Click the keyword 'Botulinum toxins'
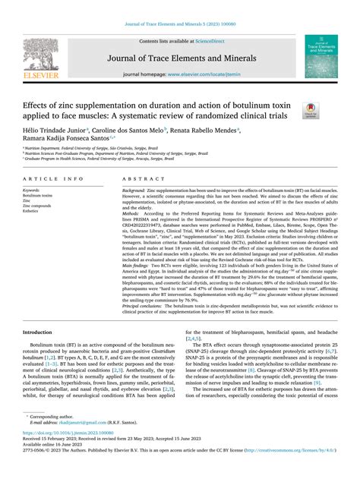pos(38,195)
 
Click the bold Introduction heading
pos(38,355)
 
